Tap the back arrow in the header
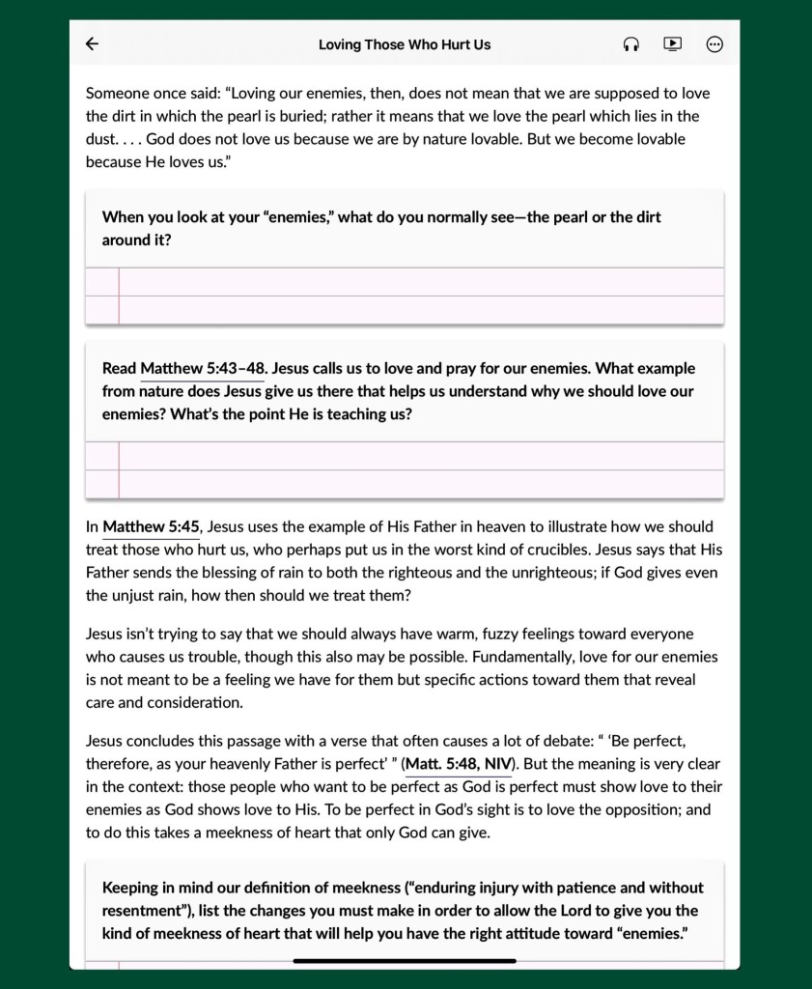92,43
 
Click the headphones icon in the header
630,44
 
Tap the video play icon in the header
672,43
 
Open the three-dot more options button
714,44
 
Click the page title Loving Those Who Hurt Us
405,44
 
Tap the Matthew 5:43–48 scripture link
203,369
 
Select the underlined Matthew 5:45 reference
151,527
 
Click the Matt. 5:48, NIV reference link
459,765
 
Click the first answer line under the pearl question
420,281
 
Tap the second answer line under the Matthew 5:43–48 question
420,484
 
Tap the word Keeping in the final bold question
132,888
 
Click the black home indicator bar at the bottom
405,961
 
